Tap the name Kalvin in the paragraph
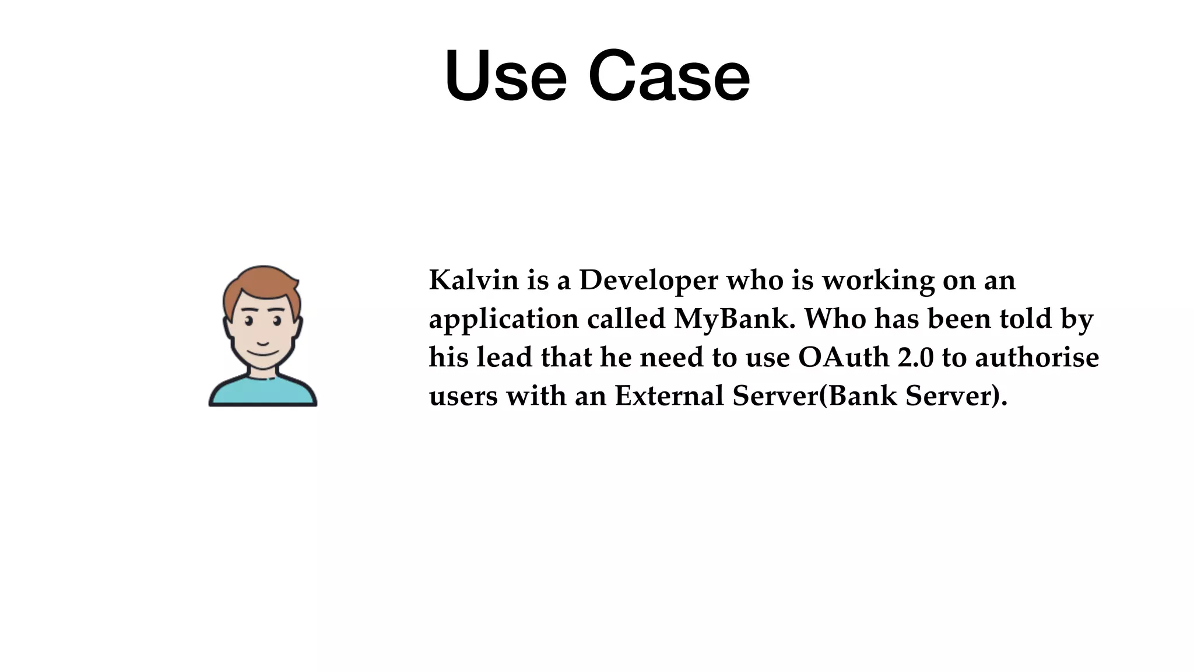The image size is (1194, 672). (473, 280)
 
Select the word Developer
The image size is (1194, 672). (648, 281)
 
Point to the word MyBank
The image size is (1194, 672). (734, 320)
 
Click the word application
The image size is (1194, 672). (504, 320)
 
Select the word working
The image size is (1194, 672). (878, 281)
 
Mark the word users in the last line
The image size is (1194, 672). (463, 397)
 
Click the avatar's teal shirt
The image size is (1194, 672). (262, 392)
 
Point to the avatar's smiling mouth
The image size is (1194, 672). (262, 352)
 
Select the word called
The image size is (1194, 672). (626, 318)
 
